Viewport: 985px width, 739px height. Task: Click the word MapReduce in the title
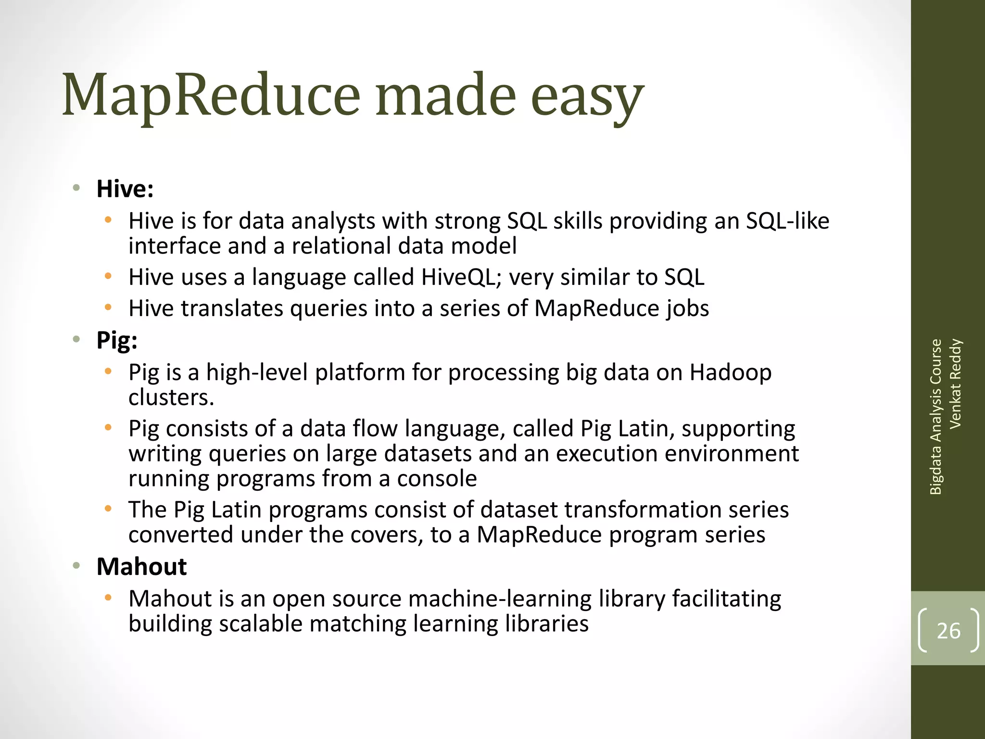[211, 95]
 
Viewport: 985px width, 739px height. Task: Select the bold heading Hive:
[125, 189]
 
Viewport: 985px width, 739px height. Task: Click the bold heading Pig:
[117, 341]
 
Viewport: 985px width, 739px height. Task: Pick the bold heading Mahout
[141, 566]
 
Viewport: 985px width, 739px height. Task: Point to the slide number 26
[948, 631]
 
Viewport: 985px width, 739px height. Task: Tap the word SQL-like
[787, 221]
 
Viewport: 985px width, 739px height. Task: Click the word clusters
[171, 397]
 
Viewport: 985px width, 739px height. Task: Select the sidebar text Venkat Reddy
[955, 383]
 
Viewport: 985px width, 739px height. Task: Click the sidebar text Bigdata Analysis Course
[935, 417]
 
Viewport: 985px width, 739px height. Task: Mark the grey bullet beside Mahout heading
[76, 566]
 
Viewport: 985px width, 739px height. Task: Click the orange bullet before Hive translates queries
[108, 307]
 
